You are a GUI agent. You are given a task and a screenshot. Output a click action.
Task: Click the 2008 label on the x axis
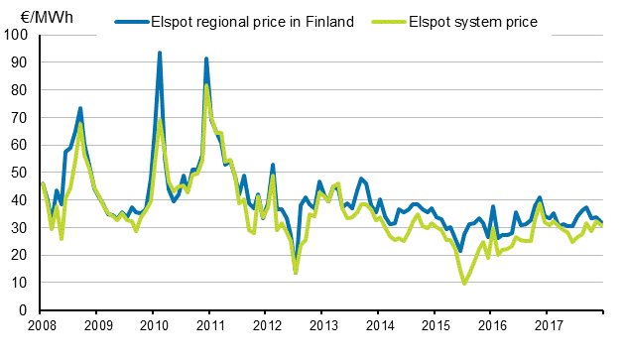point(41,325)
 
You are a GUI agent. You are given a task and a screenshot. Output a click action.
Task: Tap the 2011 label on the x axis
point(210,325)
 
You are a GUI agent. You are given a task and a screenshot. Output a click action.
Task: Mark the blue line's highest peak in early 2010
point(160,53)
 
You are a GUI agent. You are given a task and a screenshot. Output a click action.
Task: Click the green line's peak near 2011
point(206,85)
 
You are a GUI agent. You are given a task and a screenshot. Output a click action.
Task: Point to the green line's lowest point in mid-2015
point(464,284)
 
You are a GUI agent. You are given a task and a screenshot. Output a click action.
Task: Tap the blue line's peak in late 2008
point(80,108)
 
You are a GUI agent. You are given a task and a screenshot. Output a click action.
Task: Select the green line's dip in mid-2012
point(296,272)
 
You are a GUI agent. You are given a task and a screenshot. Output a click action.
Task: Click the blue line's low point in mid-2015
point(460,251)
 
